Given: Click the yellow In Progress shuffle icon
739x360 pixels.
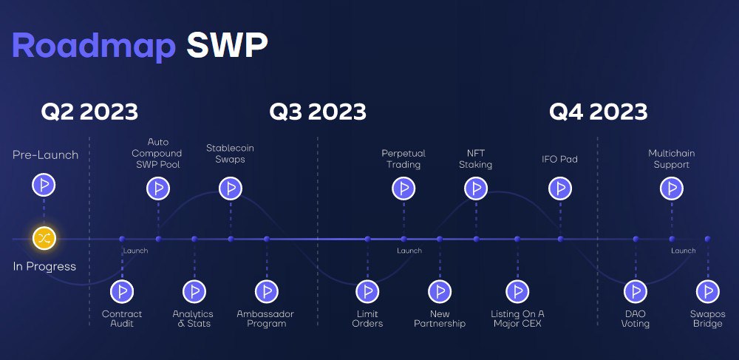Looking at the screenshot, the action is (44, 238).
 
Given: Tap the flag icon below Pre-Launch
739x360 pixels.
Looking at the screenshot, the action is (44, 186).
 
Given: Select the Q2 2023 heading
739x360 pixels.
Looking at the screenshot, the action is (89, 112).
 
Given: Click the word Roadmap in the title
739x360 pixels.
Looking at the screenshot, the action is (94, 47).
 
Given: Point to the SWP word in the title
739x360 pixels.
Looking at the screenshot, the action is (227, 45).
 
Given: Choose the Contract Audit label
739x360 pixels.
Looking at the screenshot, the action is (122, 319).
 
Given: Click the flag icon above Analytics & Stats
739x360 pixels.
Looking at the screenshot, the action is (194, 292).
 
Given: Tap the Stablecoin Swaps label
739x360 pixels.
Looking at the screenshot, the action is (230, 154).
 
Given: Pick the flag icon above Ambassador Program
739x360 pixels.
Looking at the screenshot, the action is (267, 292).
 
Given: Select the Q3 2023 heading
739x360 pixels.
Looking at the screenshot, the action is (318, 112).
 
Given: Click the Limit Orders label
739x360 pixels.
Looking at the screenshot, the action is (367, 319).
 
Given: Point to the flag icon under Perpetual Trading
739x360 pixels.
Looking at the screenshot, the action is (404, 189).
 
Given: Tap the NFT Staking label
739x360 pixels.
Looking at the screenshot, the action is (475, 159).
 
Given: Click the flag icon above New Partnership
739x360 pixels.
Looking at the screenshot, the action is (440, 292).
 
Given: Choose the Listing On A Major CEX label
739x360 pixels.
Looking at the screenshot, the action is (517, 319).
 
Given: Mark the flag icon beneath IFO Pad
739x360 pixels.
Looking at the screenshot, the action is (560, 189).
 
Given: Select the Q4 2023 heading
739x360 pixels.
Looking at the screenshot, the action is (598, 112).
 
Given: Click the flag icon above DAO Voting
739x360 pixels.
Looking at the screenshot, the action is (636, 292).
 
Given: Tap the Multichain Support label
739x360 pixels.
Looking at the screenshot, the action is (672, 159).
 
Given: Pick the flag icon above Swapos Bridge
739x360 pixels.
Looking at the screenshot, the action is (708, 292).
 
